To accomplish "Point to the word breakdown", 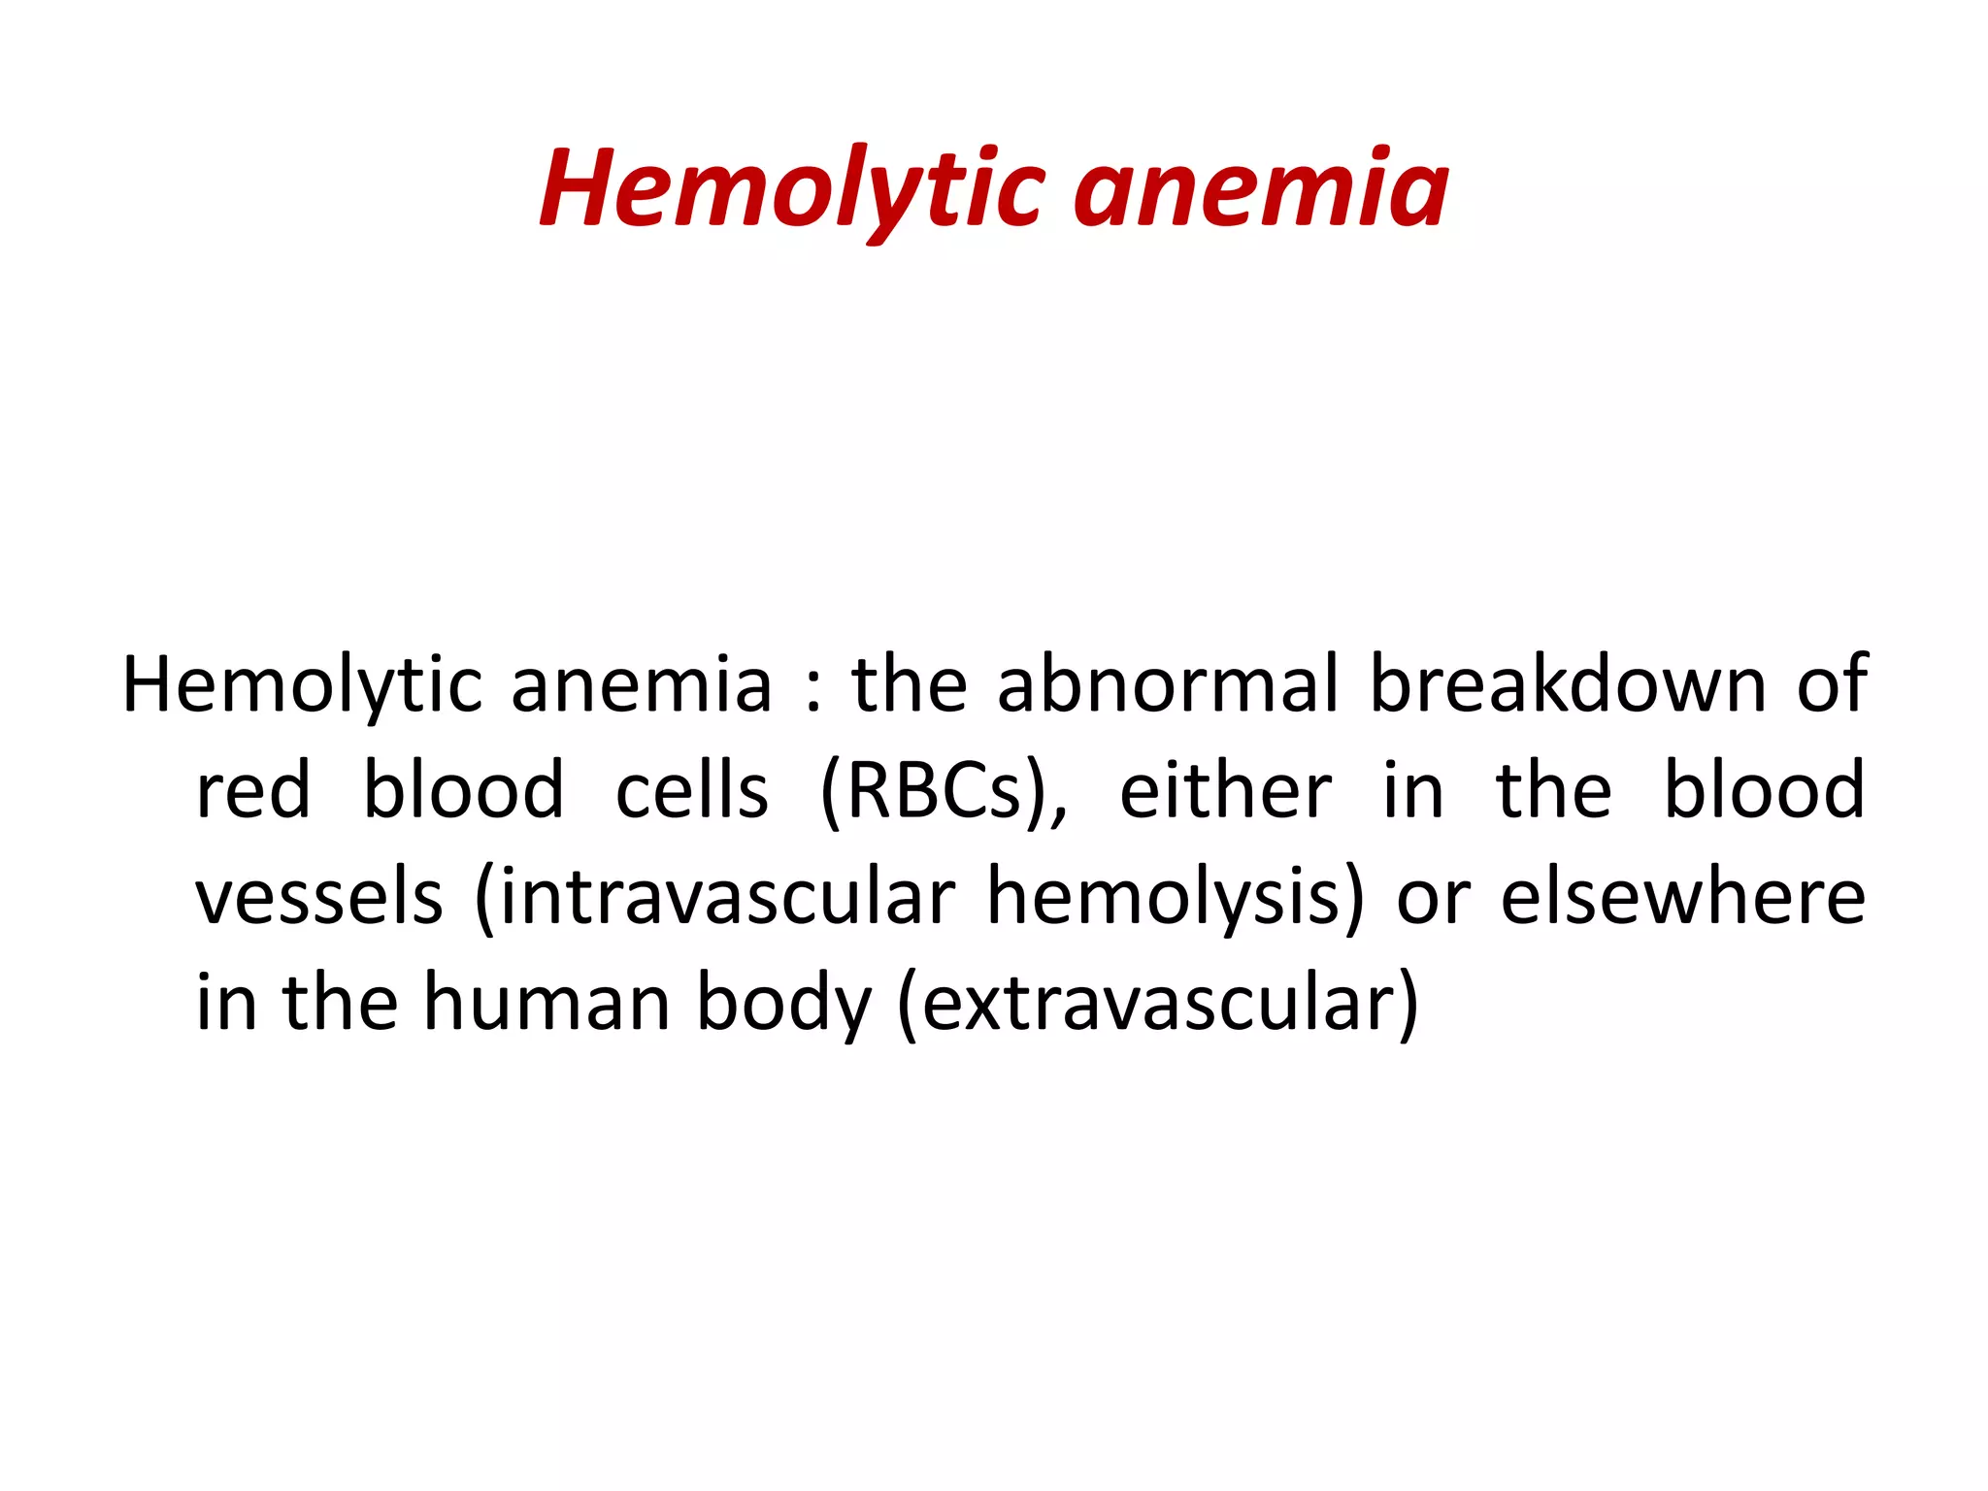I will tap(1567, 685).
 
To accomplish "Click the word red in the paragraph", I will tap(253, 792).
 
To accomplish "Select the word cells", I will tap(692, 792).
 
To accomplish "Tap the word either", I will tap(1225, 792).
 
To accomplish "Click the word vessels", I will tap(319, 899).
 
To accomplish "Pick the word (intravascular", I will tap(714, 899).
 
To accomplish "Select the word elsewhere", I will tap(1682, 899).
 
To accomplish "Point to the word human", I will tap(547, 1004).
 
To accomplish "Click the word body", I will tap(783, 1006).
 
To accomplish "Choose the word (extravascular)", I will tap(1158, 1006).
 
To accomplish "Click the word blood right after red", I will tap(463, 792).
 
